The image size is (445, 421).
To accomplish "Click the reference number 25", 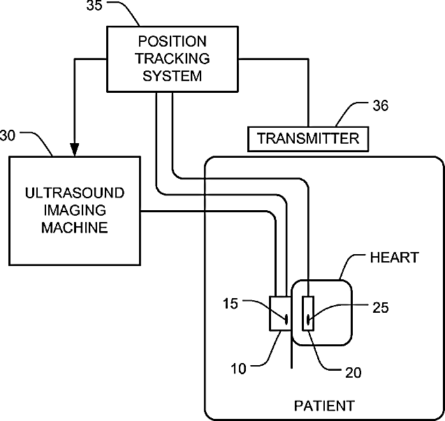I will click(x=381, y=306).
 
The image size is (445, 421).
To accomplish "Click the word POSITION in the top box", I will click(x=172, y=41).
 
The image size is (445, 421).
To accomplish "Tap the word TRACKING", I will click(x=172, y=58).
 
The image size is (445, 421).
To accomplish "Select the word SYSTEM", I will click(x=172, y=75).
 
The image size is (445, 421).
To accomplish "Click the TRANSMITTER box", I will click(x=308, y=138).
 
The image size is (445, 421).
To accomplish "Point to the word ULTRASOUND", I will click(x=75, y=193).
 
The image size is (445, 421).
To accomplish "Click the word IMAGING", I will click(x=75, y=209).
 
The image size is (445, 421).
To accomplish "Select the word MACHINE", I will click(x=75, y=227).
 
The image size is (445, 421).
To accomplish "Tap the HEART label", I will click(x=393, y=258).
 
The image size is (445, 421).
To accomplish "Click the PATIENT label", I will click(x=323, y=405).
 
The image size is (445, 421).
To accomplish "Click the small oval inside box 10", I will click(x=286, y=320).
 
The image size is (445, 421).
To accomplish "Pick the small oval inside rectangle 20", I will click(x=308, y=320).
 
